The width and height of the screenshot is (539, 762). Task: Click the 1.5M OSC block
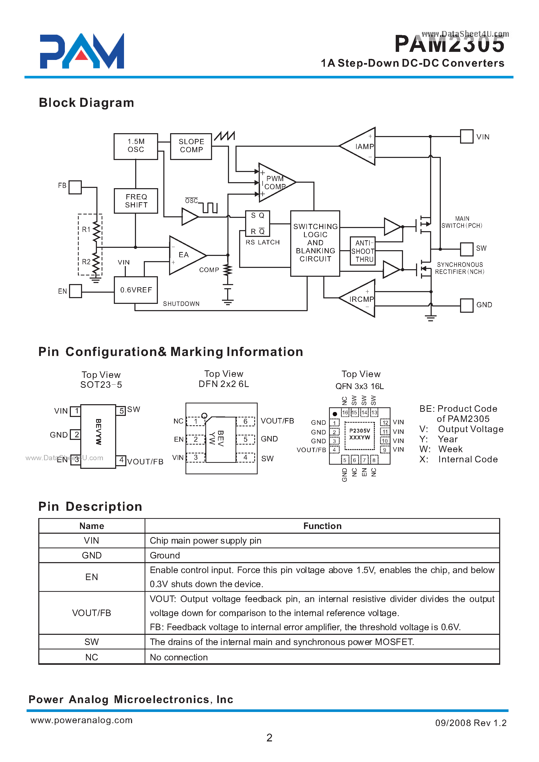(136, 146)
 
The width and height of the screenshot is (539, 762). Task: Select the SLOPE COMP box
(191, 146)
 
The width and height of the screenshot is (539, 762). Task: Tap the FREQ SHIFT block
(136, 201)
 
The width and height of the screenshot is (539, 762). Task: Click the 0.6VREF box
(136, 290)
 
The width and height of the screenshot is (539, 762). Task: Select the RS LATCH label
(263, 242)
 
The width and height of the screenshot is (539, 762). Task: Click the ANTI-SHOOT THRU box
(363, 251)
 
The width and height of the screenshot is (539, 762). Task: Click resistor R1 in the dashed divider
(96, 230)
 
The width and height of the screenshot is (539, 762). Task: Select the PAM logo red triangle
(82, 56)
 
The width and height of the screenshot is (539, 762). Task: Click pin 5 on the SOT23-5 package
(121, 411)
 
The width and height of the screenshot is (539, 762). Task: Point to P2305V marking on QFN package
(360, 431)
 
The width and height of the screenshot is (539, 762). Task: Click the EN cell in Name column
(92, 577)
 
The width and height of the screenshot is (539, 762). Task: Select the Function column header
(322, 526)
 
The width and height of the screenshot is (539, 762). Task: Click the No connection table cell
(179, 657)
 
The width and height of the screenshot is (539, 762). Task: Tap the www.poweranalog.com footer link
(82, 720)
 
